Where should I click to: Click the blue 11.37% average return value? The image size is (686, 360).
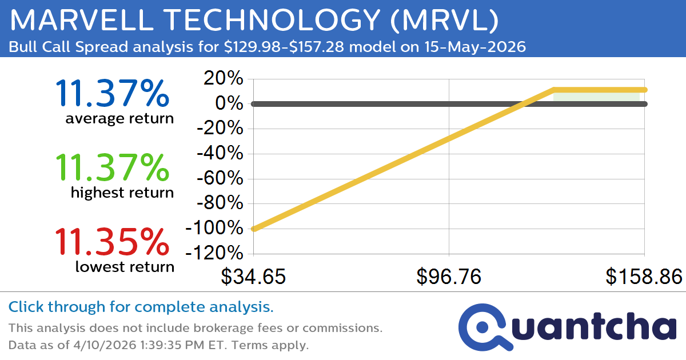click(x=112, y=94)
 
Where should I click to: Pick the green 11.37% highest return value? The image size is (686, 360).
click(x=112, y=168)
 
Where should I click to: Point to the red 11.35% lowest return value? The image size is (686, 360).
click(x=112, y=242)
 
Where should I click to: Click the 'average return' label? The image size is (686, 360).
click(x=119, y=119)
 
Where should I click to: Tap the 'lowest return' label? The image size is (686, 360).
click(x=125, y=267)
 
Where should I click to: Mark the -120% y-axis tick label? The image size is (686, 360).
click(x=214, y=253)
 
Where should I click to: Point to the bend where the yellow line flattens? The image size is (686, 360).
click(x=554, y=90)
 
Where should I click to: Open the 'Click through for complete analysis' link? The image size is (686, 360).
click(x=141, y=307)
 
